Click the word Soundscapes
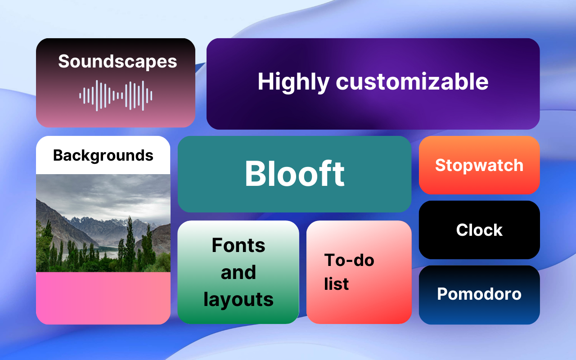(117, 62)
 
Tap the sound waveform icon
(116, 95)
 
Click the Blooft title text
(294, 174)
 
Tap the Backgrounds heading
(103, 155)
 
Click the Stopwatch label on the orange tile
(479, 165)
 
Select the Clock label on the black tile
(479, 230)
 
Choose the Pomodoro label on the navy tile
(479, 294)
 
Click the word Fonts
(238, 245)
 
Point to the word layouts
(238, 299)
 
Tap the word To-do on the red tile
(349, 260)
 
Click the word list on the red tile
(336, 284)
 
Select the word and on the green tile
(238, 272)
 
